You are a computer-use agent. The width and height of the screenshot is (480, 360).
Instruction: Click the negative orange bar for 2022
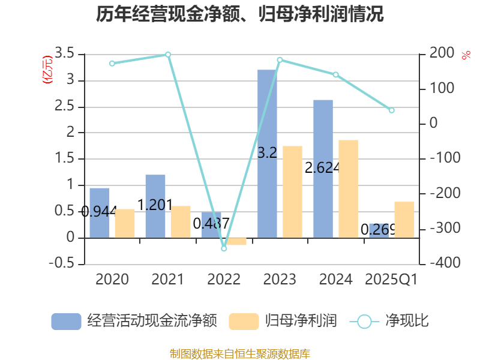237,241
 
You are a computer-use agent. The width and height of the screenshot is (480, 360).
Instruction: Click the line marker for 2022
224,248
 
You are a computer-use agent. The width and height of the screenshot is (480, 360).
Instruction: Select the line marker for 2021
168,55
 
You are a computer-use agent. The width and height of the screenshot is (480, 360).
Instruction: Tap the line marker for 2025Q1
392,110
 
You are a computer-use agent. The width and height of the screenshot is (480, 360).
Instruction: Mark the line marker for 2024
336,74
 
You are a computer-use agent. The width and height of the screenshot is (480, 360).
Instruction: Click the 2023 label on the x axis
280,280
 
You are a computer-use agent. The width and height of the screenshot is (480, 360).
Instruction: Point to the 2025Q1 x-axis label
392,280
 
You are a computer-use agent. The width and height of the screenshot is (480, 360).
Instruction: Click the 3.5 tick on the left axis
64,54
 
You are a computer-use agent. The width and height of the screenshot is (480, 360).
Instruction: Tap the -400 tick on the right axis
442,264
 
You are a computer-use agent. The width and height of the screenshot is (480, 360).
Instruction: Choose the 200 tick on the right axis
442,54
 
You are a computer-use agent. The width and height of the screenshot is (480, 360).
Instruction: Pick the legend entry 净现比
390,321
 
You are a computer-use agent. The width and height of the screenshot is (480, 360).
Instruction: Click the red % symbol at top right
466,55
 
